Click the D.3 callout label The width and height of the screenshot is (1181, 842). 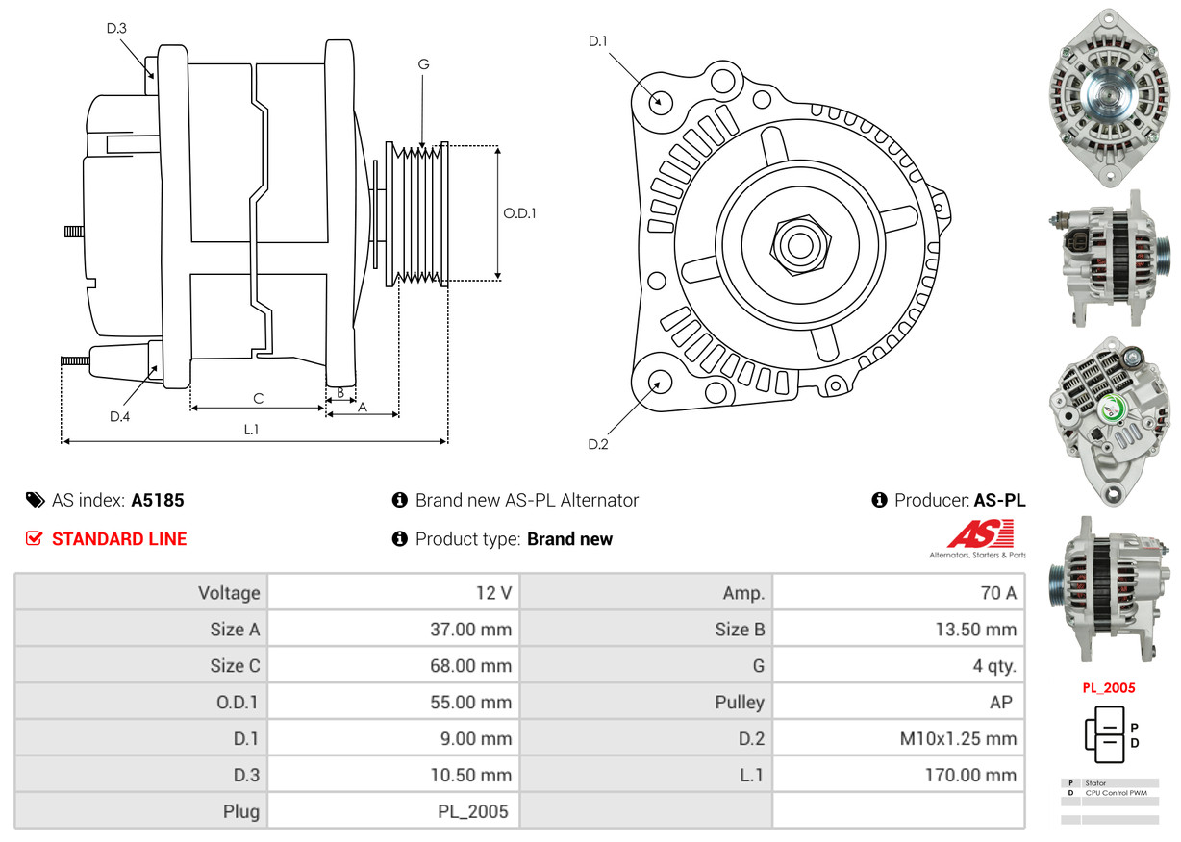click(x=116, y=29)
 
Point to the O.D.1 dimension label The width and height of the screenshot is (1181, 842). click(x=519, y=213)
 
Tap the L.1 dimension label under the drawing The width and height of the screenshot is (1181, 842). click(x=251, y=430)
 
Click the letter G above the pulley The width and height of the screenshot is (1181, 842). click(x=423, y=64)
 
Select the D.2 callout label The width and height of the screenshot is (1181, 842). click(x=598, y=444)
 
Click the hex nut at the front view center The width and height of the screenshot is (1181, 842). click(x=798, y=243)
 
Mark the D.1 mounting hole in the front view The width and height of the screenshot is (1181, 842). click(x=660, y=101)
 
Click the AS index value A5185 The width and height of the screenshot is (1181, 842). click(x=158, y=500)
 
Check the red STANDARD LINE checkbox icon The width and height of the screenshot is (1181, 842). click(x=34, y=539)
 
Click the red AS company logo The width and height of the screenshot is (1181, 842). click(x=980, y=534)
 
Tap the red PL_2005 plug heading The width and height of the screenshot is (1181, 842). click(x=1108, y=688)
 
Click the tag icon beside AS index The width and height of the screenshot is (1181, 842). click(x=35, y=500)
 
